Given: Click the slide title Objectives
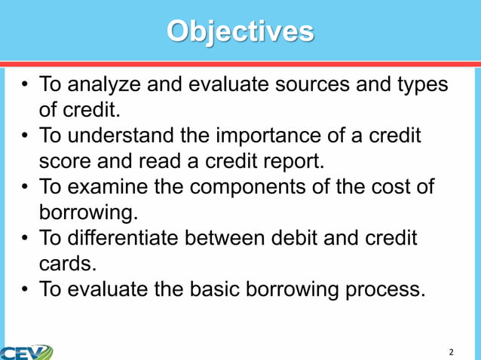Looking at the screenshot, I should (x=240, y=32).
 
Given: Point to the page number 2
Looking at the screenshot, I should (x=451, y=352).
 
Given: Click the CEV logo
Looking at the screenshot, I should (x=26, y=352).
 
